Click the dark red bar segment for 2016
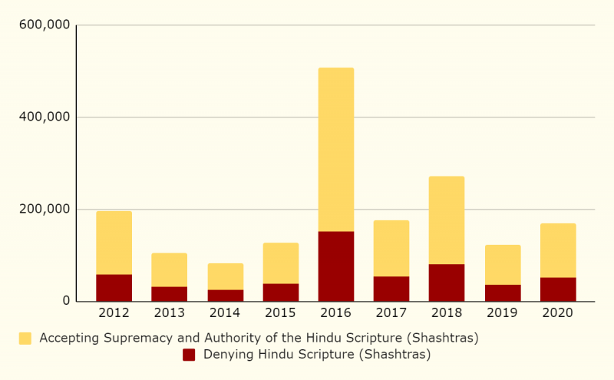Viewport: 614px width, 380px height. coord(336,266)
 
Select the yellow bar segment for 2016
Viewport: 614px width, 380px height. coord(336,150)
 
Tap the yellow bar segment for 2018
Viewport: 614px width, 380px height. coord(447,220)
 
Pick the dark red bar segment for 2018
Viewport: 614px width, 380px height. coord(447,283)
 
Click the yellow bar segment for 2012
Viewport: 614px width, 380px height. coord(114,243)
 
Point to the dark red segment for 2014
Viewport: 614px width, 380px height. coord(225,295)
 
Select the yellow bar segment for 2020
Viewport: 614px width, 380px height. coord(558,250)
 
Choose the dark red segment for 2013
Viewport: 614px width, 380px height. coord(169,293)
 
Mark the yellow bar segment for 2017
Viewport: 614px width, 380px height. coord(391,248)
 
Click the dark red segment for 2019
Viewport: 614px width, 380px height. coord(503,292)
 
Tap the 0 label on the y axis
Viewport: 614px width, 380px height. coord(67,302)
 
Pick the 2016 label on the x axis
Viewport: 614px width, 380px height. coord(336,313)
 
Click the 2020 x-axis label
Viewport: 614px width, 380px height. coord(558,313)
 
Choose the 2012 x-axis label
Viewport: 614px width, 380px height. coord(114,313)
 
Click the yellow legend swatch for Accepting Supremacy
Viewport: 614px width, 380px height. coord(25,338)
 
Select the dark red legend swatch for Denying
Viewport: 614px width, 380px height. coord(189,354)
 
